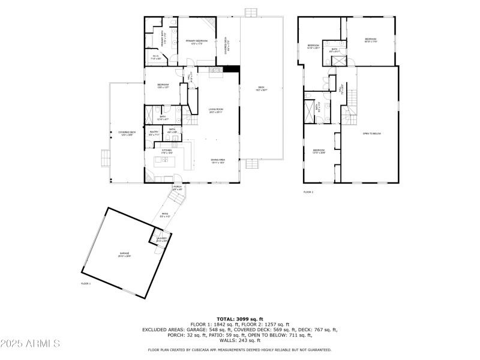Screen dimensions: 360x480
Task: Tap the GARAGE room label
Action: coord(124,255)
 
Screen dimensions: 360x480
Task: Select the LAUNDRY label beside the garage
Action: coord(162,239)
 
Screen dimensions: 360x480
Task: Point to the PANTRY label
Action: coord(154,133)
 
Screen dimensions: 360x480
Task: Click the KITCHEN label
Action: coord(166,151)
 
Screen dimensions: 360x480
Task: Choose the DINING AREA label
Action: coord(217,160)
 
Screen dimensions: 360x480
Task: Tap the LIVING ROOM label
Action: coord(215,110)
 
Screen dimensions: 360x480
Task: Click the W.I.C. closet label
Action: coord(155,58)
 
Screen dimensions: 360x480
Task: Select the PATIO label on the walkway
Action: coord(166,215)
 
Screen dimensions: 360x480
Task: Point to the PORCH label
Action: coord(178,188)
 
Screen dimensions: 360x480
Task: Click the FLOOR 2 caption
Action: coord(308,192)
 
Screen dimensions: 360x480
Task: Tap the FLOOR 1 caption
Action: coord(86,283)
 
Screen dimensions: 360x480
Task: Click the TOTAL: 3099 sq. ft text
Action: coord(239,319)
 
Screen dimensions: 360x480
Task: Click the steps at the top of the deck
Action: coord(251,12)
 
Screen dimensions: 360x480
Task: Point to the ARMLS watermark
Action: coord(31,344)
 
